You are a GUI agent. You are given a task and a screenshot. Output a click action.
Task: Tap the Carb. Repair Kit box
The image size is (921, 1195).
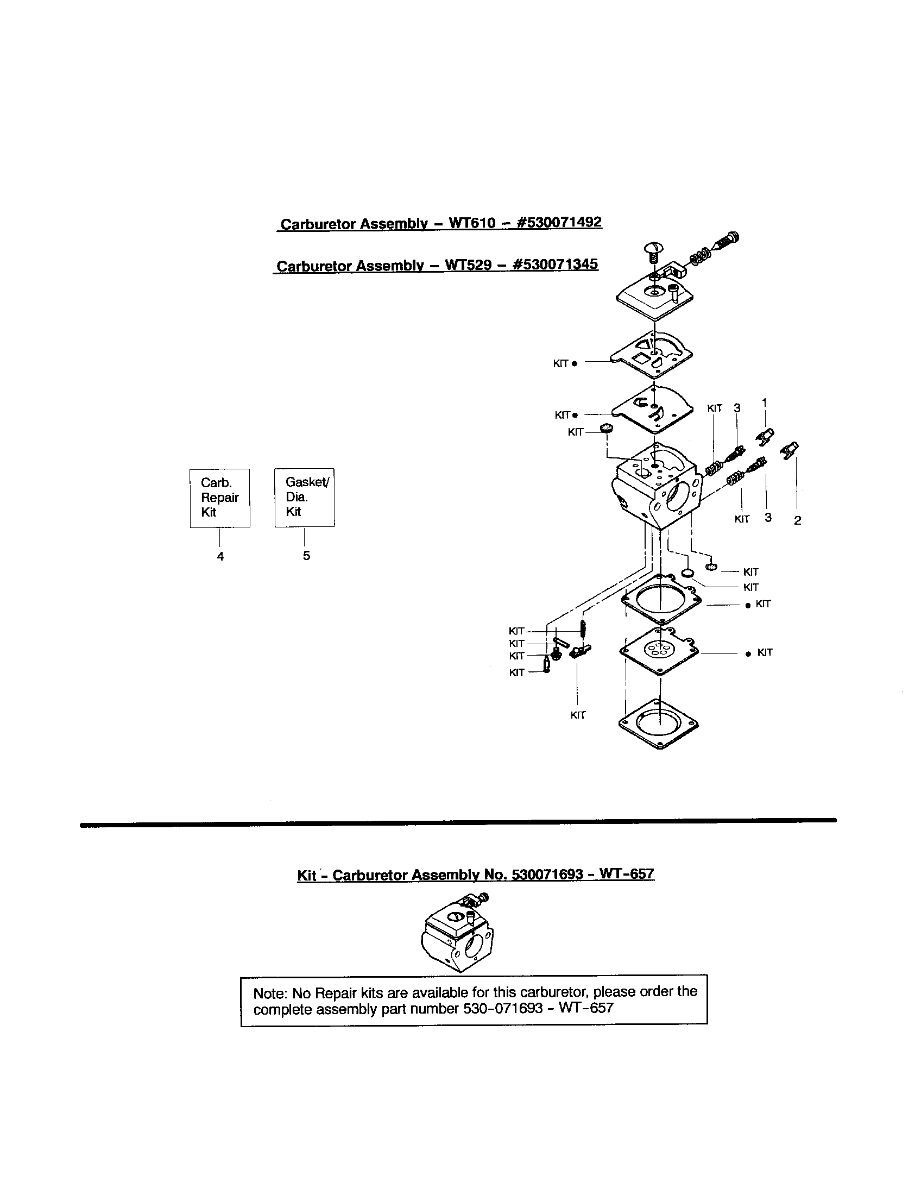220,498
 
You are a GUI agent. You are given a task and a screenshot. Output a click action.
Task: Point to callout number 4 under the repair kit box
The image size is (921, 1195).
220,556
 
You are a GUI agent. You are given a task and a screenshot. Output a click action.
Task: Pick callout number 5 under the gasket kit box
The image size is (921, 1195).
306,555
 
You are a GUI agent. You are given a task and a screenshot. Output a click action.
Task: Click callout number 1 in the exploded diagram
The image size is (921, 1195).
764,402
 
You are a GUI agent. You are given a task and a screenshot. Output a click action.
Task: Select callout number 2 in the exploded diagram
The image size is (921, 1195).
797,520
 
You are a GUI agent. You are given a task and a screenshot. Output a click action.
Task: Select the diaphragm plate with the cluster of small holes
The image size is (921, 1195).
660,651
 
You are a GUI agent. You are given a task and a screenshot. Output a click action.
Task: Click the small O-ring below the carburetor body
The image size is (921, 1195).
687,573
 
